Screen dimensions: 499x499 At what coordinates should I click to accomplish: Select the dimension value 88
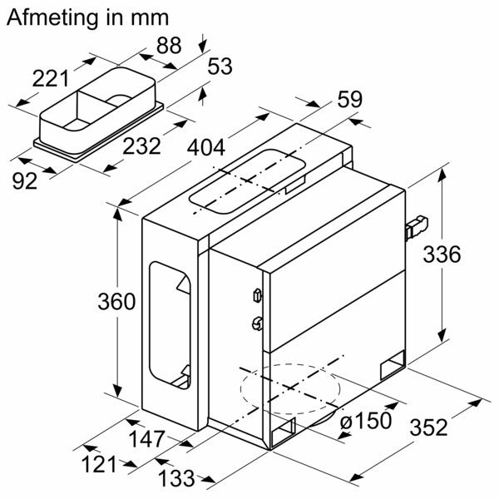169,47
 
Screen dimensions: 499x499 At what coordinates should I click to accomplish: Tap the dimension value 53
219,68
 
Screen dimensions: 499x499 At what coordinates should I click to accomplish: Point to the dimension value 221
51,79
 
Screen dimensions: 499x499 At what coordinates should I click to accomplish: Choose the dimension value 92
25,180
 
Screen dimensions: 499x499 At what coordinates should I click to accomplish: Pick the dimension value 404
204,148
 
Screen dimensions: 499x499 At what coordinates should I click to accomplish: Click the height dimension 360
116,302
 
